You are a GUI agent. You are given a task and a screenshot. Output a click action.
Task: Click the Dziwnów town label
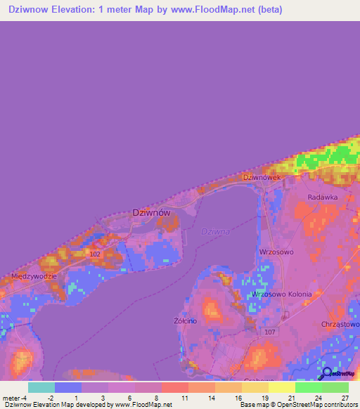tap(151, 212)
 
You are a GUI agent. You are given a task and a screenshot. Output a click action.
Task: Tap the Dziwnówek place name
tap(262, 178)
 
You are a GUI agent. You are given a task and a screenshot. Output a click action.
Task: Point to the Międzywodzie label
tap(34, 276)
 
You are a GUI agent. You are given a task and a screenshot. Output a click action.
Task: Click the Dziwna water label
tap(215, 231)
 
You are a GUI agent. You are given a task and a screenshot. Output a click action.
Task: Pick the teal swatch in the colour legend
tap(41, 387)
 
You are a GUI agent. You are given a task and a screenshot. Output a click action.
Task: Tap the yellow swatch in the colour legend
tap(281, 387)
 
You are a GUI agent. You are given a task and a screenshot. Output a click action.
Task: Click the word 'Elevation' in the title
tap(80, 10)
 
